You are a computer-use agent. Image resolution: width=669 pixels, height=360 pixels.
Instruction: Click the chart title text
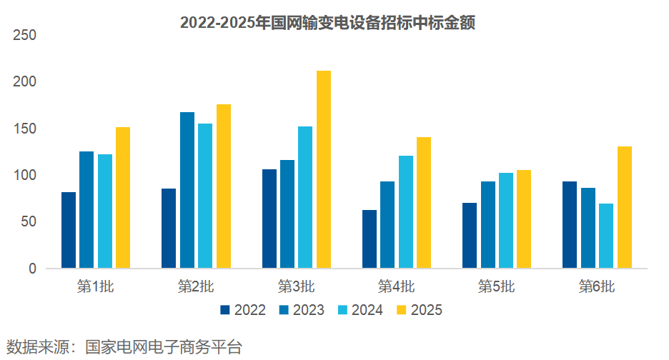(x=327, y=23)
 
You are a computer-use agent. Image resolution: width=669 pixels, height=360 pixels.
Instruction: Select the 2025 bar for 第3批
(x=323, y=170)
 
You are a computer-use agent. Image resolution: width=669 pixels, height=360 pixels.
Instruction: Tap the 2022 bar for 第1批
(x=69, y=230)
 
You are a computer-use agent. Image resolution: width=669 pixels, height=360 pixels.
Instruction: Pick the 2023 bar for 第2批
(x=187, y=190)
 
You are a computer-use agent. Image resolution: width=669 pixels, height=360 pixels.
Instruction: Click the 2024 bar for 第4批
(x=406, y=212)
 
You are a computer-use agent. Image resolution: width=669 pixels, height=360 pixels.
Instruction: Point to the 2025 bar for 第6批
(x=625, y=207)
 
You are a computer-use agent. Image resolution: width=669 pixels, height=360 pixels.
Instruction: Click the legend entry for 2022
(x=243, y=310)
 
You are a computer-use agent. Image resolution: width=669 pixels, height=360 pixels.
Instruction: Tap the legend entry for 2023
(x=302, y=310)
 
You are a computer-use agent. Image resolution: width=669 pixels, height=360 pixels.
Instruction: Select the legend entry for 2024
(x=360, y=310)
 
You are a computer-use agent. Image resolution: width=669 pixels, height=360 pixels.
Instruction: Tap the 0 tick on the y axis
(x=31, y=269)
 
